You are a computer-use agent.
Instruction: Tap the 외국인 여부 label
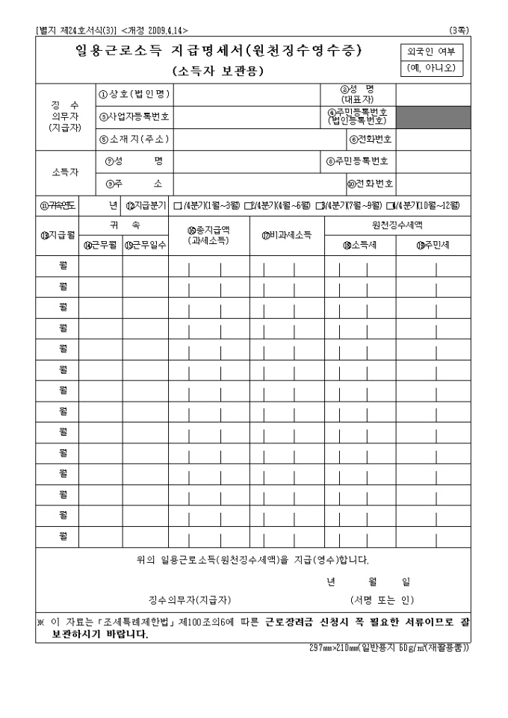[x=432, y=51]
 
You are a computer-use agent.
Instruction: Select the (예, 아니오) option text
[x=432, y=68]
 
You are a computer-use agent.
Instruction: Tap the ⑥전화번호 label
[x=371, y=139]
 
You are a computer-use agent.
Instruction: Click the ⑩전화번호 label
[x=371, y=183]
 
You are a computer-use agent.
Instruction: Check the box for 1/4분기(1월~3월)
[x=177, y=205]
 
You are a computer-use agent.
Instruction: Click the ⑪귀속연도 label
[x=57, y=205]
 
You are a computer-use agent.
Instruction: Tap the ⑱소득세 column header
[x=359, y=245]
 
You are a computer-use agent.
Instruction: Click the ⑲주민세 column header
[x=433, y=245]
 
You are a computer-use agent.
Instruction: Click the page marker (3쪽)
[x=459, y=31]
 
